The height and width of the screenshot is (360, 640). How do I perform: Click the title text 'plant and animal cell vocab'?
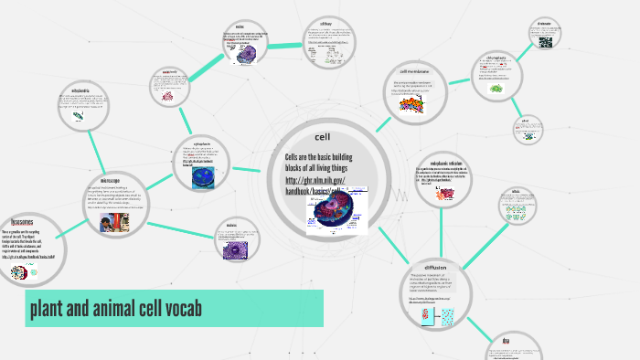[x=115, y=308]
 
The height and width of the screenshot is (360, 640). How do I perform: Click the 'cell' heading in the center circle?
[x=322, y=137]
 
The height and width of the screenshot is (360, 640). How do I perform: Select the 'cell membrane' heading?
[x=415, y=70]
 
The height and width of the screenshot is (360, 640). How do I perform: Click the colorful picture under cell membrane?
[x=411, y=105]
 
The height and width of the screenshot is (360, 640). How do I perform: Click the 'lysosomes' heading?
[x=23, y=222]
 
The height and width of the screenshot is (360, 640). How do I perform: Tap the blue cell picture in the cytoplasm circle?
[x=203, y=175]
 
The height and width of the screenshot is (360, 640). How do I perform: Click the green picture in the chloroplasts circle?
[x=496, y=89]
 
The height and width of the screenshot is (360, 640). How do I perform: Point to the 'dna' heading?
[x=505, y=342]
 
